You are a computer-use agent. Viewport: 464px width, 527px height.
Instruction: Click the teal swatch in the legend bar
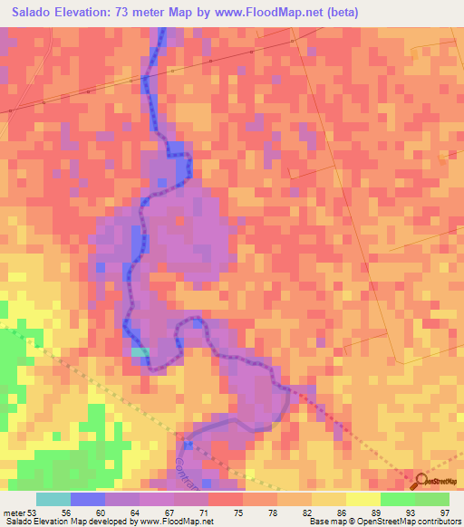[x=53, y=498]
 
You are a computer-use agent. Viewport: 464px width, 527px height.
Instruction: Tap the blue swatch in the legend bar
[x=88, y=498]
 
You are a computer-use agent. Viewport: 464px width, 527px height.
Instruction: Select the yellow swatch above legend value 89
[x=363, y=498]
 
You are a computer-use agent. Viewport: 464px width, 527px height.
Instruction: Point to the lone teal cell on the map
[x=140, y=351]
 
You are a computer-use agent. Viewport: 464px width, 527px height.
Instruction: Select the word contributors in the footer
[x=436, y=522]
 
